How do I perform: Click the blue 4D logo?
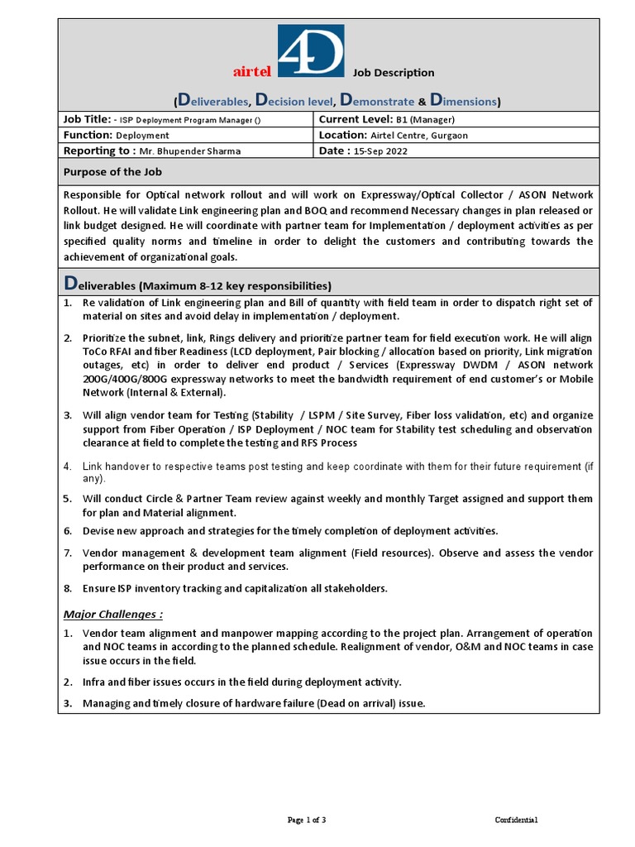310,51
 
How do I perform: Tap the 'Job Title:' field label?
87,119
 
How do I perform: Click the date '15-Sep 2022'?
380,151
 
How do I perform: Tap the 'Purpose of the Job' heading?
112,172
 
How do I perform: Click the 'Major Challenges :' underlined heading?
113,614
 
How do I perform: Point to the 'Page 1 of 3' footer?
307,820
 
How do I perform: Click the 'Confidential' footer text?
517,820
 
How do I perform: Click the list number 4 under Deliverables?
68,467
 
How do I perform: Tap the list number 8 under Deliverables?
68,588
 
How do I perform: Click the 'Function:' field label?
88,135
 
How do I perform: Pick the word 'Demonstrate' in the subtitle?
376,102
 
